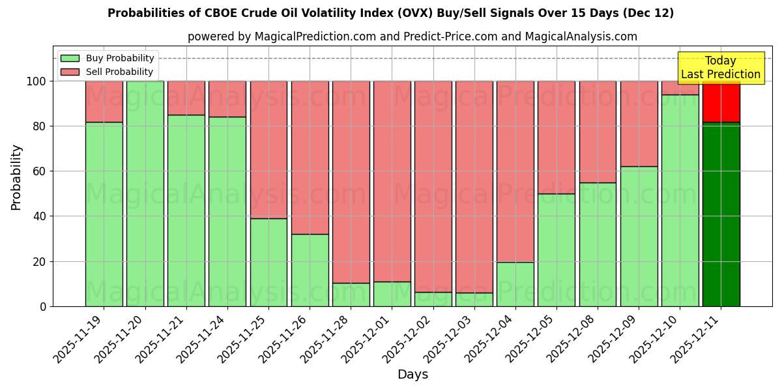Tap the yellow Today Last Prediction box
[x=721, y=68]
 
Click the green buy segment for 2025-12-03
[x=474, y=300]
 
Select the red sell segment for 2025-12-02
[x=433, y=186]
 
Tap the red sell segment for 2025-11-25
[x=268, y=150]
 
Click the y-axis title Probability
[x=16, y=177]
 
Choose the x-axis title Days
[x=413, y=375]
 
